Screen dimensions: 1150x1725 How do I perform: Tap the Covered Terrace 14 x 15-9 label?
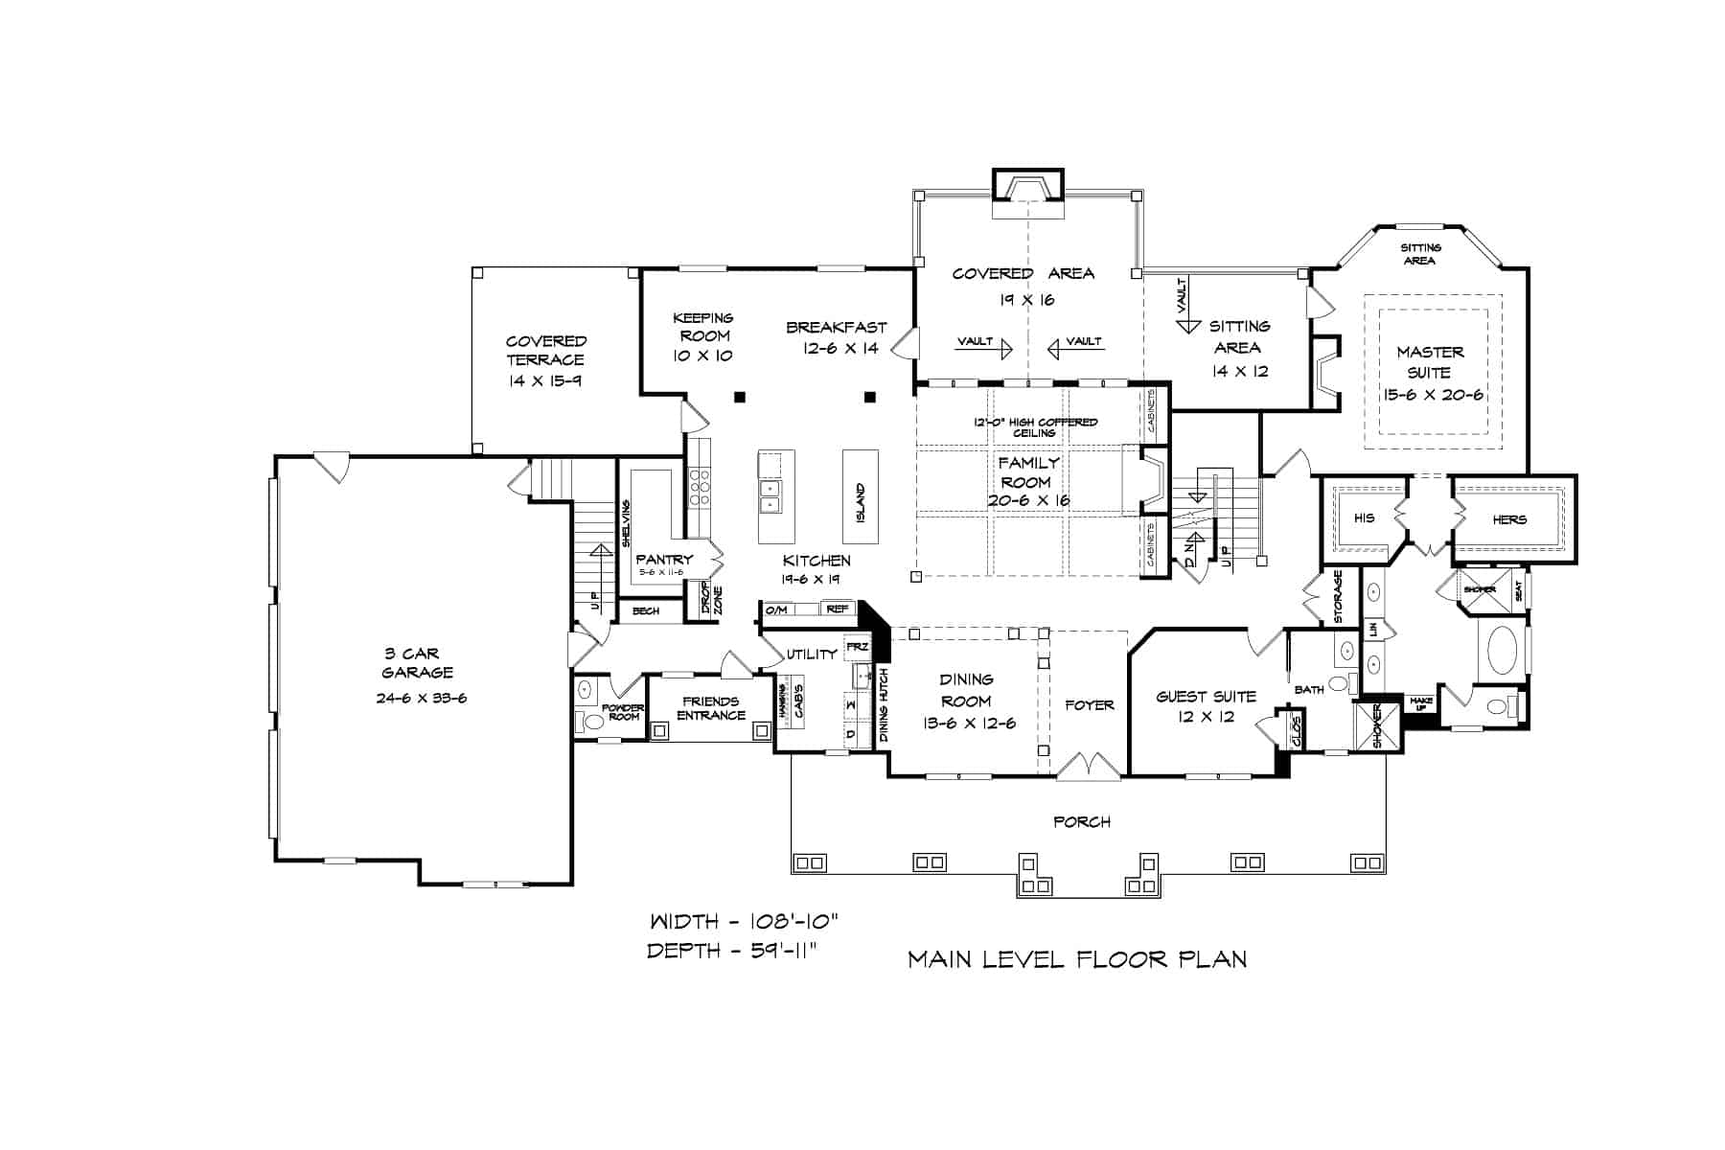[x=545, y=360]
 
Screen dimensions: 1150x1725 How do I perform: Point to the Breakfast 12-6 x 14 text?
[x=837, y=337]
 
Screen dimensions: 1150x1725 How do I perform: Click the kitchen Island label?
[x=860, y=502]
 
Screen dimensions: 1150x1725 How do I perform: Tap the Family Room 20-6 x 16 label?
[x=1027, y=481]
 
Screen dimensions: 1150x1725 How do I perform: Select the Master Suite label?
[x=1429, y=362]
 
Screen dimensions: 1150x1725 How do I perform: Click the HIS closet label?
[x=1364, y=518]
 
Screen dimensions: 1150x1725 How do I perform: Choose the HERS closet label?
[x=1508, y=519]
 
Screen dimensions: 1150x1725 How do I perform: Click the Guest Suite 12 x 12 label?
[x=1205, y=706]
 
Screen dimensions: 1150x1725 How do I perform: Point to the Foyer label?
[x=1090, y=705]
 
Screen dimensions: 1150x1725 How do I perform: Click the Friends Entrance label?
[x=710, y=708]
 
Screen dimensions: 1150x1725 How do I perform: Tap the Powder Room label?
[x=623, y=712]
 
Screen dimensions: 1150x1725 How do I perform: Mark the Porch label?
[x=1082, y=821]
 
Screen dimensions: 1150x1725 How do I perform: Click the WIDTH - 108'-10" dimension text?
[x=745, y=922]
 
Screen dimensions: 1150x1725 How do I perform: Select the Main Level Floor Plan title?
[x=1077, y=958]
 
